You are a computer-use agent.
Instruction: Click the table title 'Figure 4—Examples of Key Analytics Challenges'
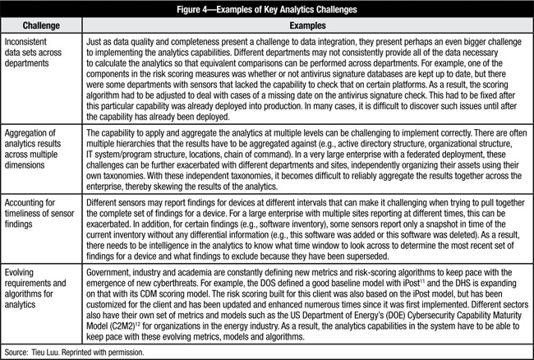coord(267,8)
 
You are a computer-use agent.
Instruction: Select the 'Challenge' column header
coord(43,24)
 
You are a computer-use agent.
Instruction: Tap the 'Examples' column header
coord(307,24)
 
